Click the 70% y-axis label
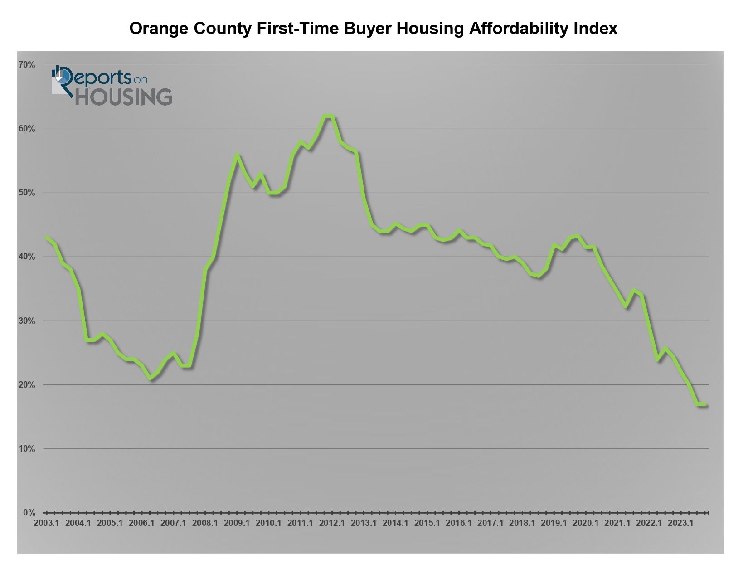26,65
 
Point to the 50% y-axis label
26,193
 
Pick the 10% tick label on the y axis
26,449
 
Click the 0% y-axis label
29,513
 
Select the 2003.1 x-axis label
47,523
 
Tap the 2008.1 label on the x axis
205,523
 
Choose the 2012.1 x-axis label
332,523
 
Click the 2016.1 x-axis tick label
459,523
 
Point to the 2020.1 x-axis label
586,523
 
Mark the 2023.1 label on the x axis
681,523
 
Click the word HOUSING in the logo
123,97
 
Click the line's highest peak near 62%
329,116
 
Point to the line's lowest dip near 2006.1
150,379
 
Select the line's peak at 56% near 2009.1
237,155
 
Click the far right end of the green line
705,404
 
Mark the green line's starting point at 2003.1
47,238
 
